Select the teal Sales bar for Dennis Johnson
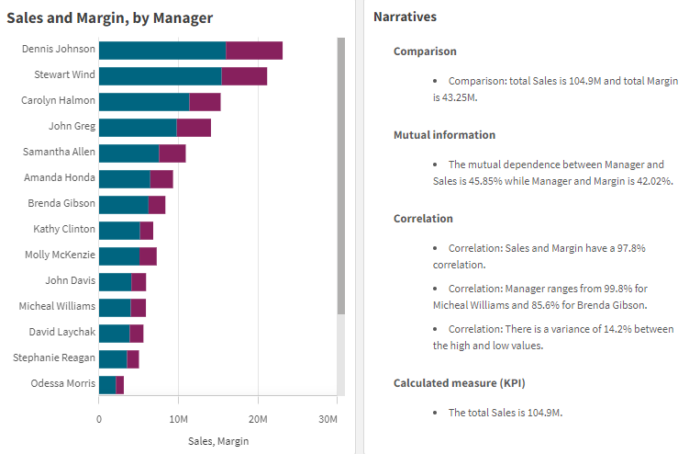tap(161, 51)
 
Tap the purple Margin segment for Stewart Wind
tap(244, 76)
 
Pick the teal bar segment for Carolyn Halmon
tap(143, 102)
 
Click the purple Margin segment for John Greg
tap(194, 128)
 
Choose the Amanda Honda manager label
tap(60, 178)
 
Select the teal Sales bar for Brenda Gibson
tap(123, 204)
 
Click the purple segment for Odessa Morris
tap(120, 384)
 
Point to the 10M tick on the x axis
tap(178, 419)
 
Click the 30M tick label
tap(328, 419)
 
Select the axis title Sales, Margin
tap(218, 441)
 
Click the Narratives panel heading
tap(405, 17)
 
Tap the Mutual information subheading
tap(444, 135)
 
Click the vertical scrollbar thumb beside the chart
tap(341, 175)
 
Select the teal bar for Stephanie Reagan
tap(112, 358)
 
